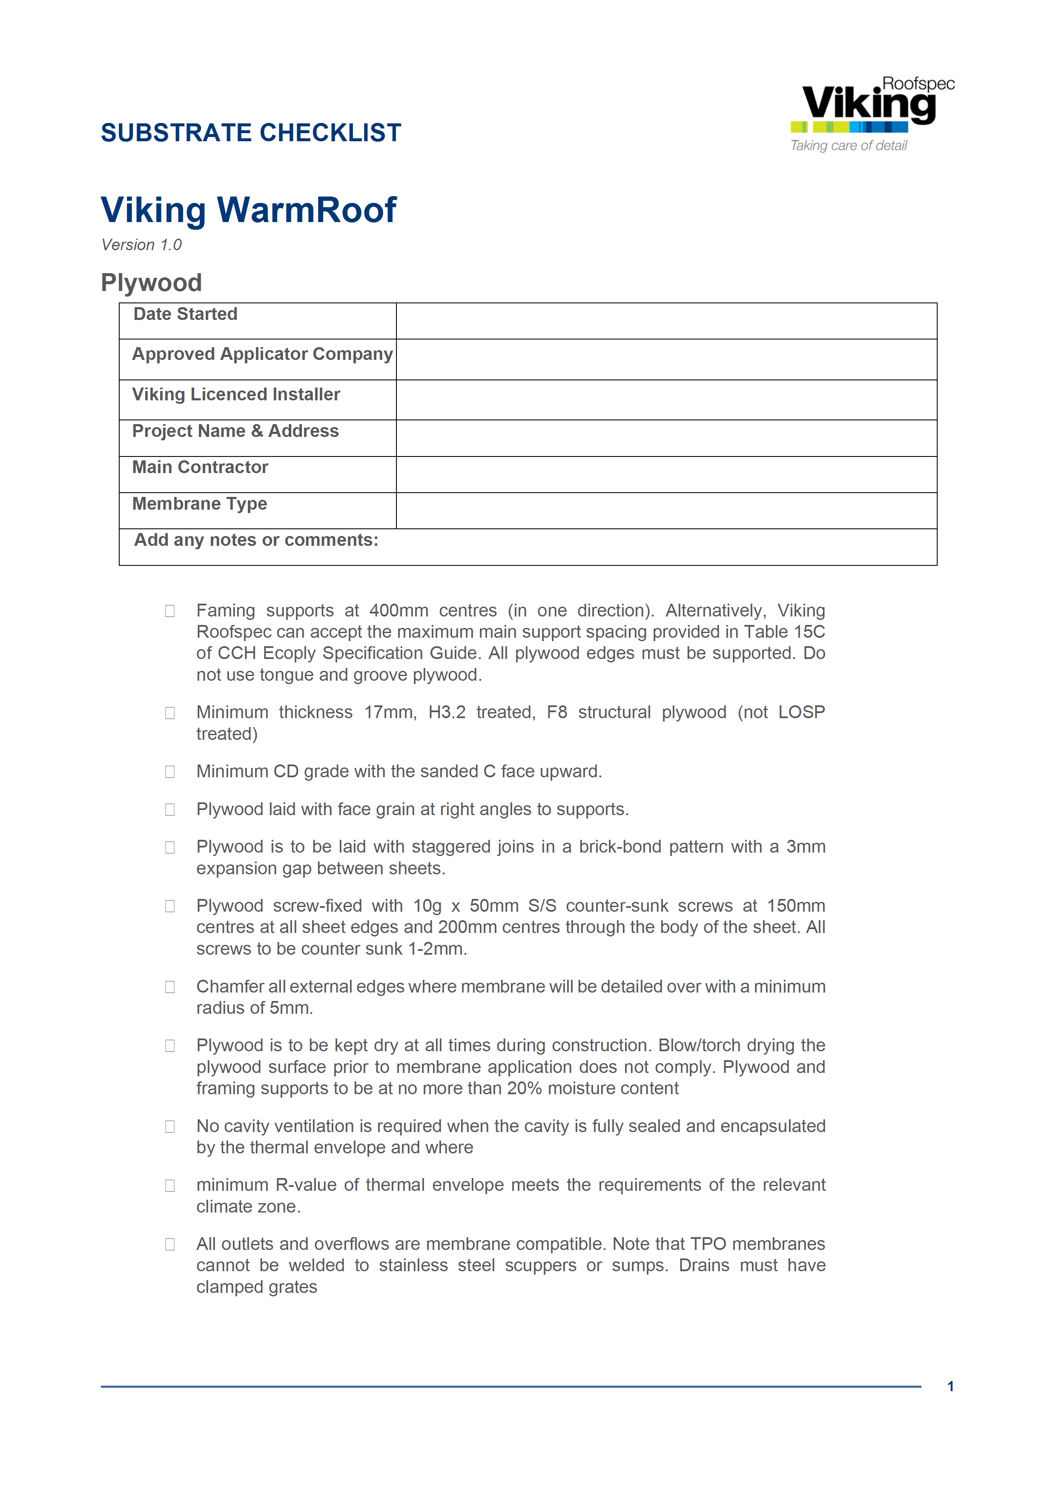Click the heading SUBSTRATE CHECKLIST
click(251, 133)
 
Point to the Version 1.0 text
click(141, 245)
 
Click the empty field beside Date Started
click(666, 321)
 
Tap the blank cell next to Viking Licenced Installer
click(666, 399)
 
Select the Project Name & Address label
click(235, 431)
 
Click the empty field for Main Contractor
click(666, 474)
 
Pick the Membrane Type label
click(200, 504)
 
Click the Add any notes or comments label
click(256, 540)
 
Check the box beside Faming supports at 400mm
click(170, 611)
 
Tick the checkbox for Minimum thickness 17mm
click(170, 713)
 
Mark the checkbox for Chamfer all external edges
click(170, 987)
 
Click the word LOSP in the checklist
click(801, 712)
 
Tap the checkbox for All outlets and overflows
click(170, 1244)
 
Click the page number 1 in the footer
click(950, 1386)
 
